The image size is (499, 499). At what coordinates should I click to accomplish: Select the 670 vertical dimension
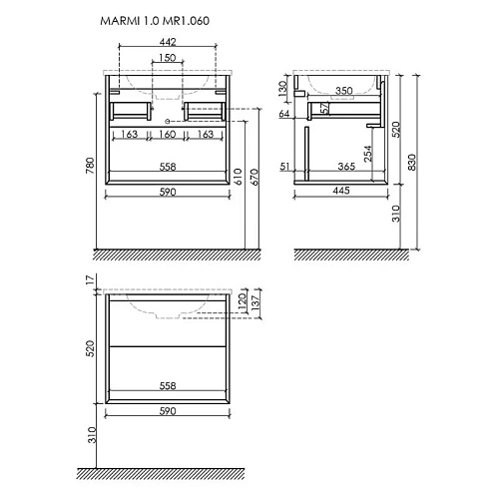click(254, 177)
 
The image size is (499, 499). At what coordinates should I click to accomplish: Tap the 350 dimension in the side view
click(344, 91)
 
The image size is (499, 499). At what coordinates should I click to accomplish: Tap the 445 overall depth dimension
click(341, 194)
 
